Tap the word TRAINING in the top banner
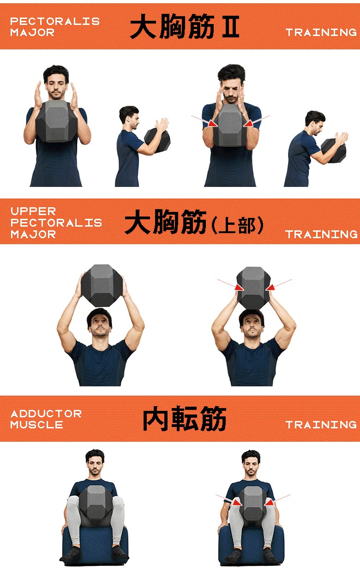tap(321, 32)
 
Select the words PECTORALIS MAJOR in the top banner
tap(54, 27)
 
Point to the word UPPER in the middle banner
tap(33, 211)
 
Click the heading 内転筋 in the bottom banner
tap(184, 420)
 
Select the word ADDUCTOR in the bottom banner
tap(46, 414)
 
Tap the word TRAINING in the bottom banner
tap(321, 425)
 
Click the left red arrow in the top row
tap(211, 123)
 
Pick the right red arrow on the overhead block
tap(271, 287)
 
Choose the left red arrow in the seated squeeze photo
tap(235, 501)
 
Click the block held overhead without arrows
tap(101, 285)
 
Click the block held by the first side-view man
tap(157, 140)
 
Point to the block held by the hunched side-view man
tap(333, 150)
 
